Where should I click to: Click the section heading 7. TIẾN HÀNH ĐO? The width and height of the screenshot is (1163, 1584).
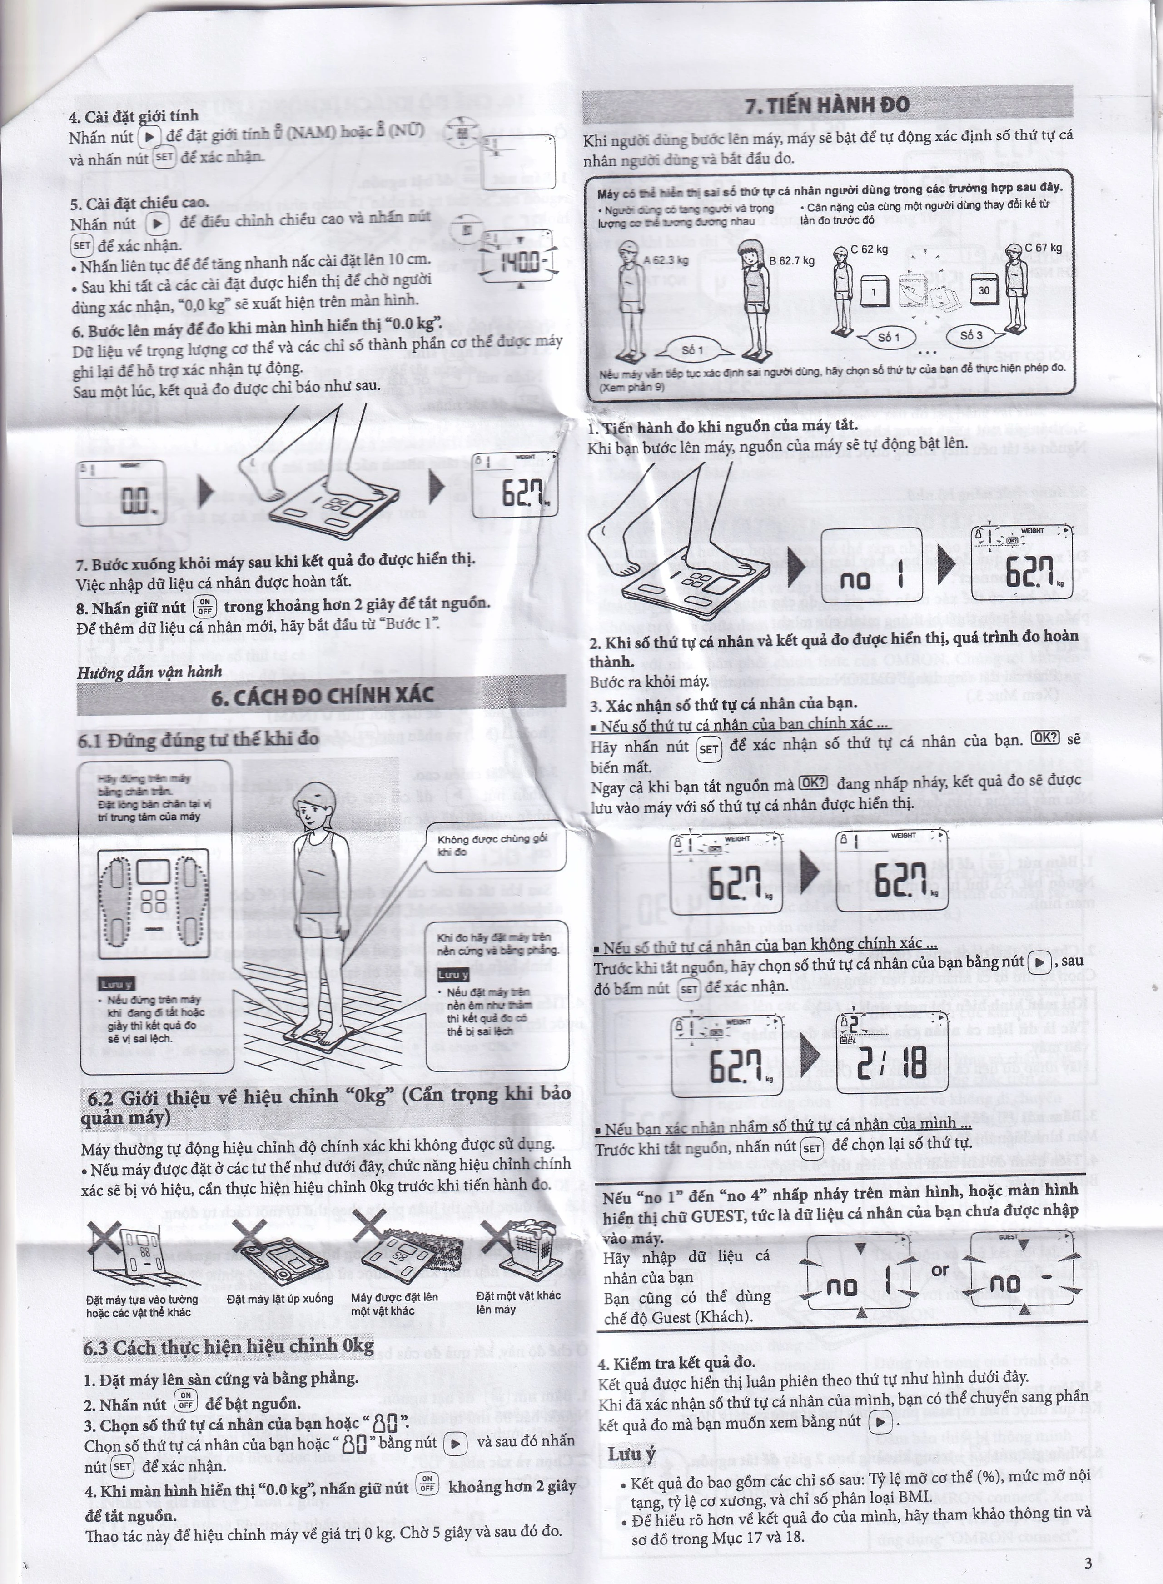[827, 105]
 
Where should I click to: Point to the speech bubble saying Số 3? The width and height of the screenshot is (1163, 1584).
[971, 336]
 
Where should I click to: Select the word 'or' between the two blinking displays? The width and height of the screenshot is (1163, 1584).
[940, 1271]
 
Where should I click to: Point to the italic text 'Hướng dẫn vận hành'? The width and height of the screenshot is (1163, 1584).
[149, 671]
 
